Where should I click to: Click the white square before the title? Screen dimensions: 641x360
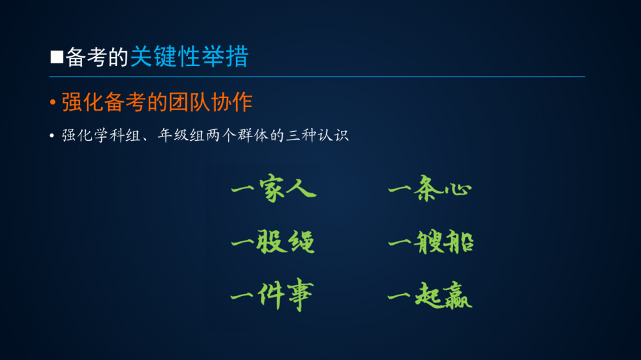tap(57, 57)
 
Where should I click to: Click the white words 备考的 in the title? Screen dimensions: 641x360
tap(97, 57)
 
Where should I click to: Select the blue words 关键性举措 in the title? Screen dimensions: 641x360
tap(190, 56)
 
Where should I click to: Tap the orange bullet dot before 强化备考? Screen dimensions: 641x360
tap(53, 102)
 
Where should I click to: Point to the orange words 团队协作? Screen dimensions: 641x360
tap(210, 102)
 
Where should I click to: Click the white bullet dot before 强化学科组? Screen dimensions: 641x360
tap(52, 135)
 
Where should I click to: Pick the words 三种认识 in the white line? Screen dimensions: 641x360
tap(317, 135)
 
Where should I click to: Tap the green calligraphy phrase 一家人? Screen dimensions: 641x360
tap(274, 188)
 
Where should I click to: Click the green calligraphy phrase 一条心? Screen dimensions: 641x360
tap(430, 188)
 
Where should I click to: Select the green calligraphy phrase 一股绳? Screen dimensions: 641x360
tap(272, 241)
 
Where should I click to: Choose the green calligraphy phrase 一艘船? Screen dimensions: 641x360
tap(431, 241)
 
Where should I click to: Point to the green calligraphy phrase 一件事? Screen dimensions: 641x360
tap(272, 295)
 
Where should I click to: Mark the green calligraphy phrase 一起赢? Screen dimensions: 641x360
tap(429, 295)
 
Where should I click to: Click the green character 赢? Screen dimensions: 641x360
tap(458, 295)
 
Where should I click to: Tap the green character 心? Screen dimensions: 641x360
tap(459, 189)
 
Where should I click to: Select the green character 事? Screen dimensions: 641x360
tap(301, 295)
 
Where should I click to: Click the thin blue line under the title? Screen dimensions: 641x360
tap(317, 76)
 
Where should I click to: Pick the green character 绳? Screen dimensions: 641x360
tap(301, 242)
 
